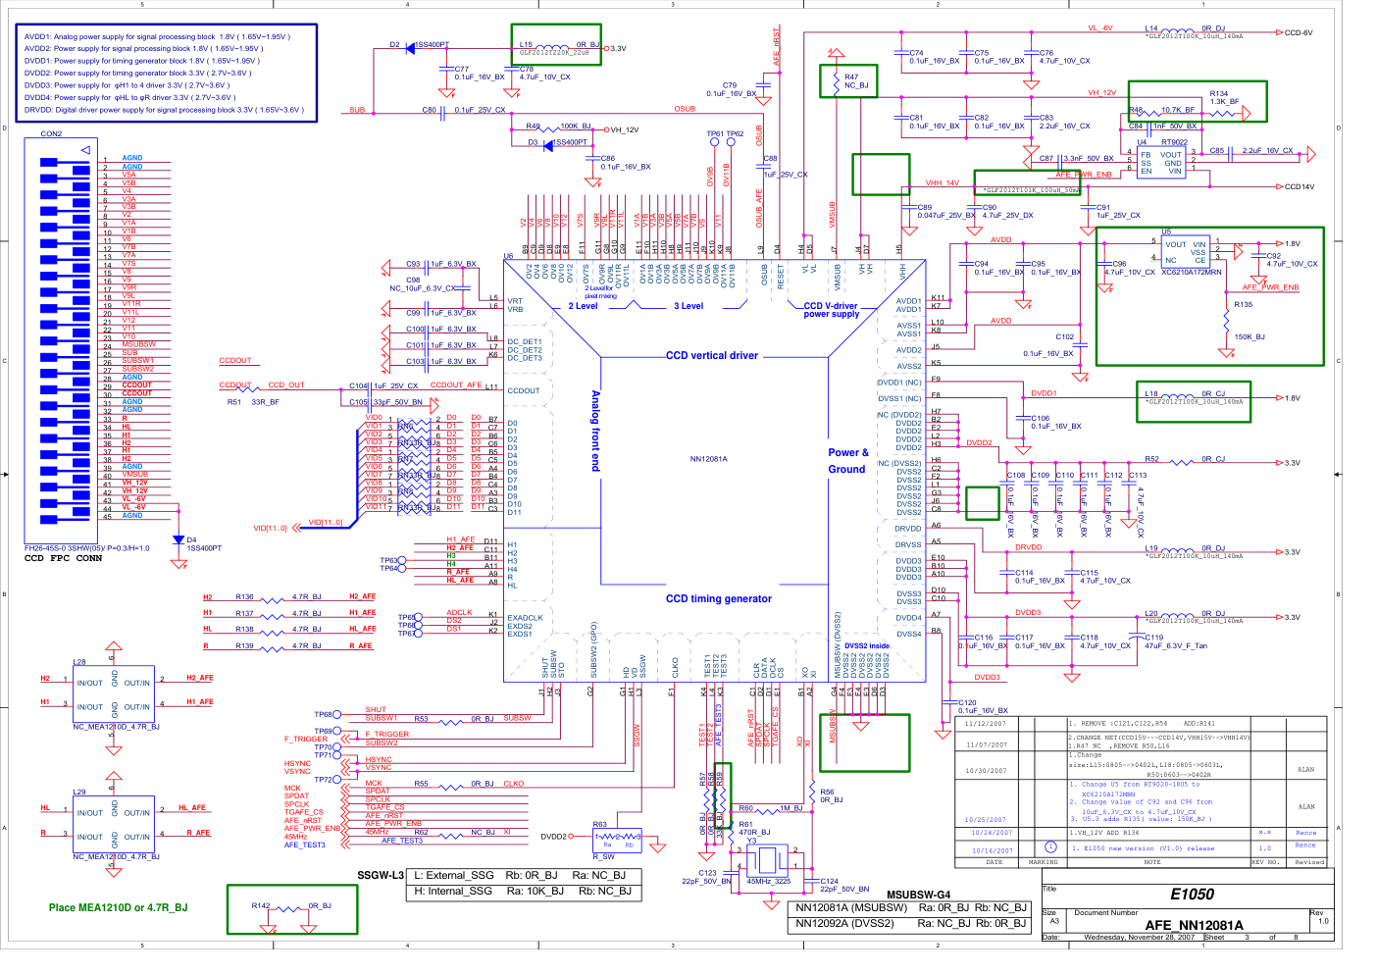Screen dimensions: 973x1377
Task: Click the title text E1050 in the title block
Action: pos(1192,895)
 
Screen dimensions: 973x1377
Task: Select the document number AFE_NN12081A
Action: pos(1194,925)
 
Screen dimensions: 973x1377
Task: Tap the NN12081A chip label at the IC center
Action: pos(708,459)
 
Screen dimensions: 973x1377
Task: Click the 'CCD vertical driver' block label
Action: pos(711,356)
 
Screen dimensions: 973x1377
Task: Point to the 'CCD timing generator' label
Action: pos(718,598)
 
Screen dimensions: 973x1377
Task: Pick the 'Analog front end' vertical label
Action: pos(595,431)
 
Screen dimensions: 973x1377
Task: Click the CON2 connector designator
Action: pos(51,133)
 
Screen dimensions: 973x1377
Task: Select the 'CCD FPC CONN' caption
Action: pos(63,558)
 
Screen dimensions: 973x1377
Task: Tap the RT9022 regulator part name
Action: pos(1174,142)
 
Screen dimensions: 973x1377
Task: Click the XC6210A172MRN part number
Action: pos(1191,272)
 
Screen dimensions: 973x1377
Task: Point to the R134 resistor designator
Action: pos(1219,94)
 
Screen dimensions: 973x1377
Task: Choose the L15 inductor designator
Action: pos(526,44)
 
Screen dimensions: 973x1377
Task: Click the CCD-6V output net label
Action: pos(1299,32)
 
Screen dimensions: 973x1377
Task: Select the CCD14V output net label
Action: pos(1300,186)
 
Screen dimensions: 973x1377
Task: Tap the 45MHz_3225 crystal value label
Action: pos(769,881)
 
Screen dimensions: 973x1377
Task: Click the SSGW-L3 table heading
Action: pos(380,875)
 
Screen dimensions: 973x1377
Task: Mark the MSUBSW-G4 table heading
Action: pos(918,895)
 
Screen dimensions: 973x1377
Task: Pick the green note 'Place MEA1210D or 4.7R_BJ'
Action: pos(118,907)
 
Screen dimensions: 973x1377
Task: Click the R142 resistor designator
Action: pos(260,905)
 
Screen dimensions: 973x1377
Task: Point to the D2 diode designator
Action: pos(394,44)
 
